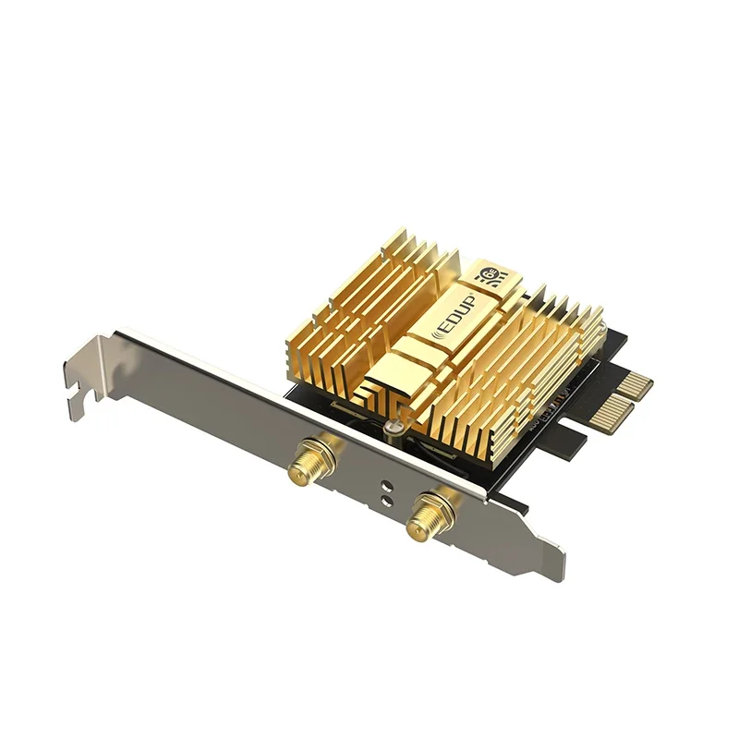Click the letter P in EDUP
pyautogui.click(x=469, y=298)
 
